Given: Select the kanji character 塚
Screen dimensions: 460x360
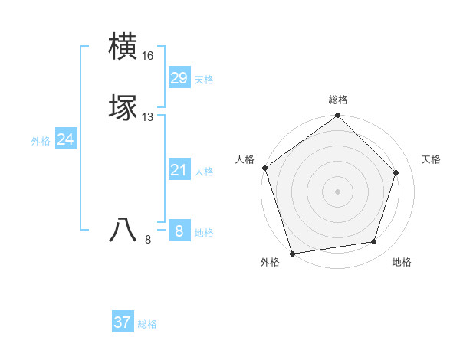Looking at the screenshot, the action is point(123,108).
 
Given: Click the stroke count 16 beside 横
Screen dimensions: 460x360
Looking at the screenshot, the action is point(148,56).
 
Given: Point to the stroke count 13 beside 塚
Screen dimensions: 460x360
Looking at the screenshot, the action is point(148,117).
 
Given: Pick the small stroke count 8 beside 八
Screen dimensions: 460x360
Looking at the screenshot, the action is point(148,240).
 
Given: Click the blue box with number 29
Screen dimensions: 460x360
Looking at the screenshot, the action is point(179,78).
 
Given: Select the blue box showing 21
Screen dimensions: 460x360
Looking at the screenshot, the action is point(179,170).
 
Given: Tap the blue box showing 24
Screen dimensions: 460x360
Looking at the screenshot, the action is point(66,139).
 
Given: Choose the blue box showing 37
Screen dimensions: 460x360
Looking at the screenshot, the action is point(123,322).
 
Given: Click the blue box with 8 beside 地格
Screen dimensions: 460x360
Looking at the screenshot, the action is point(179,231).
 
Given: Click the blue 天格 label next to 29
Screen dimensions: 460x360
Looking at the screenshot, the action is point(204,80).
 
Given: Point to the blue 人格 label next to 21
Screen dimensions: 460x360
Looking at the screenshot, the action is point(204,172).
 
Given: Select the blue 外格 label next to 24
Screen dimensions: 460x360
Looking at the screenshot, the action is point(41,141).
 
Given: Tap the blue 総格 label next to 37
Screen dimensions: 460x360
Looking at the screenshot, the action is point(147,324).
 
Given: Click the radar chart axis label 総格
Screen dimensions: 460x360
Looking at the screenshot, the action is point(338,100).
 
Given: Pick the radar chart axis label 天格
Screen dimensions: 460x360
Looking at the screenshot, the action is point(431,159).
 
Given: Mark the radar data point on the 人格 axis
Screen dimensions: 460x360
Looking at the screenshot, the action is point(264,168).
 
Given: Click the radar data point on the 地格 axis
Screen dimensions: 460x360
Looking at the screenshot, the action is point(374,242).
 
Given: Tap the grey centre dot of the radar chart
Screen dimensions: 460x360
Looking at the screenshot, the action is point(338,191).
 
